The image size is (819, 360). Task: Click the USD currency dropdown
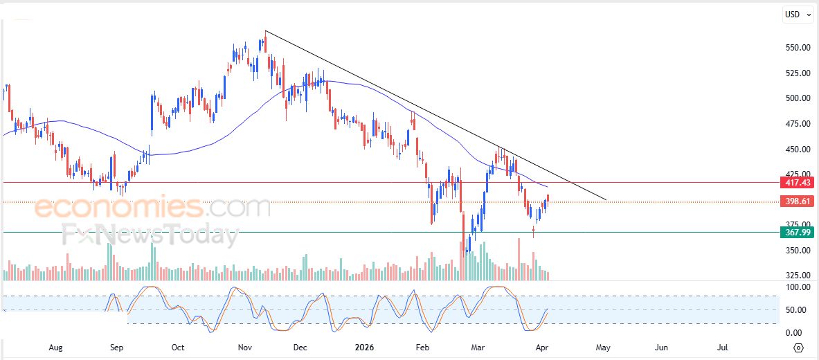pos(798,15)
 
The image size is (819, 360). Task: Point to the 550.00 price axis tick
pos(796,47)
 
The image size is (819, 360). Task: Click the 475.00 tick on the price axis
pos(796,124)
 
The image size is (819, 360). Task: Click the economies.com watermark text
pos(152,207)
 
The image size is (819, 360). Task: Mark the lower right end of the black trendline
pos(606,200)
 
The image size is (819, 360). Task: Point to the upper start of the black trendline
pos(265,31)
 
